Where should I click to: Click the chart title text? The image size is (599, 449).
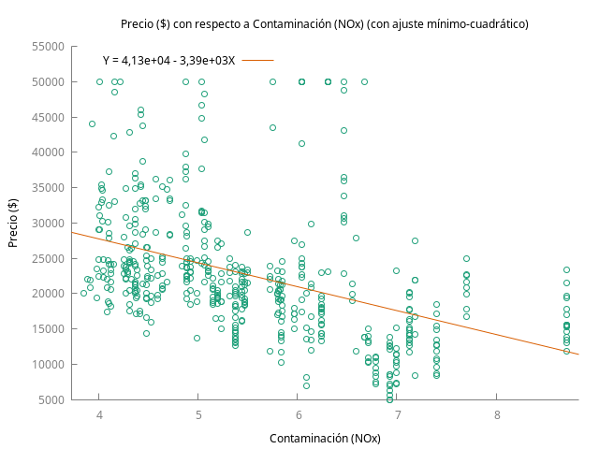[x=325, y=24]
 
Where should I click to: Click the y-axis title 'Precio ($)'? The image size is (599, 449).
[x=12, y=223]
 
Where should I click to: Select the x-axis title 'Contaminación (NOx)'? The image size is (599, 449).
[x=325, y=439]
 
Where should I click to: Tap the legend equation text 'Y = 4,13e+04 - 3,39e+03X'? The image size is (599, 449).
[x=168, y=60]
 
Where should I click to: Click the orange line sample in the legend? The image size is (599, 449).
[x=258, y=60]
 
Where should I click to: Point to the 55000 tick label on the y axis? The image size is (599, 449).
[x=48, y=47]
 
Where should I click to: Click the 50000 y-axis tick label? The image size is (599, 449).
[x=48, y=82]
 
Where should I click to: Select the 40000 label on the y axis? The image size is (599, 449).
[x=48, y=152]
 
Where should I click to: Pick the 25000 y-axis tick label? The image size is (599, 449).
[x=48, y=259]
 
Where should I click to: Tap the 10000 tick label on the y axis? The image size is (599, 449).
[x=48, y=365]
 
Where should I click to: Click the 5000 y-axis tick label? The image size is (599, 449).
[x=51, y=400]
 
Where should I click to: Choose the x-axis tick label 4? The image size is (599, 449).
[x=99, y=415]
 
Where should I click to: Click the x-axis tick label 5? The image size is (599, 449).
[x=198, y=415]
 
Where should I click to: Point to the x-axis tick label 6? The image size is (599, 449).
[x=298, y=415]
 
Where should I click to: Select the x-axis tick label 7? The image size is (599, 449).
[x=397, y=415]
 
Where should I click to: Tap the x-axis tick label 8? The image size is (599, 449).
[x=497, y=415]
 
